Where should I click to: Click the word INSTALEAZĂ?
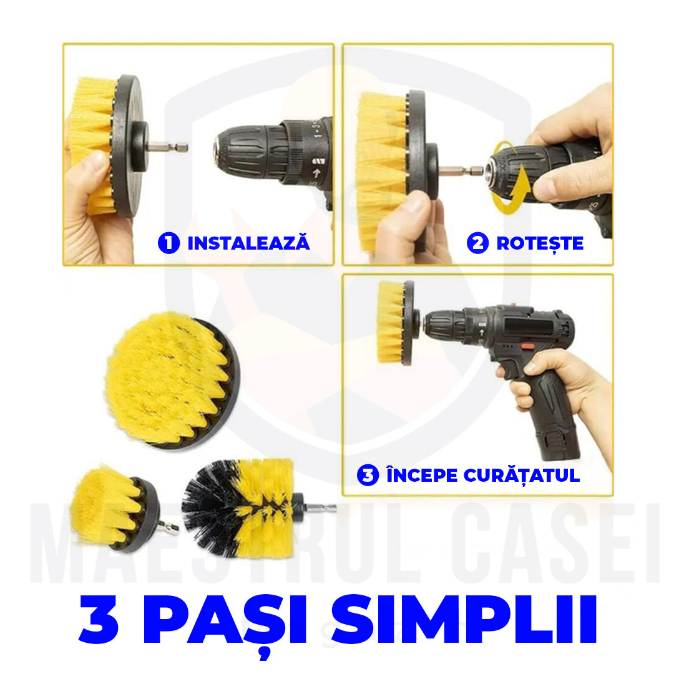pyautogui.click(x=248, y=243)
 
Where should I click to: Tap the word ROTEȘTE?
pyautogui.click(x=540, y=243)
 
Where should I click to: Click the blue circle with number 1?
pyautogui.click(x=168, y=243)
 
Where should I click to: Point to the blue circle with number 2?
pyautogui.click(x=477, y=243)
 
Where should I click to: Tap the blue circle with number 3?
pyautogui.click(x=368, y=476)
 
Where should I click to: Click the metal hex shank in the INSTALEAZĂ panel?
pyautogui.click(x=168, y=148)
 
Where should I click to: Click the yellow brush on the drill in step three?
pyautogui.click(x=391, y=322)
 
